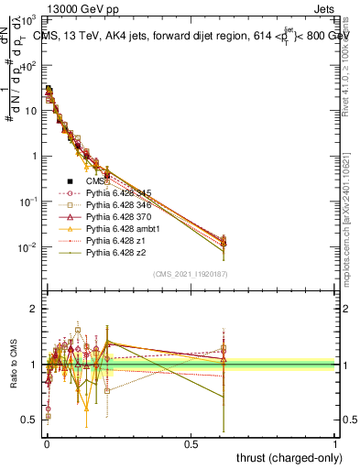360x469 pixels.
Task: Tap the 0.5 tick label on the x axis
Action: point(191,443)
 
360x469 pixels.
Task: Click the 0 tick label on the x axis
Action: point(47,443)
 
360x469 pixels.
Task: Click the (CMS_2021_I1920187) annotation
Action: point(191,274)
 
